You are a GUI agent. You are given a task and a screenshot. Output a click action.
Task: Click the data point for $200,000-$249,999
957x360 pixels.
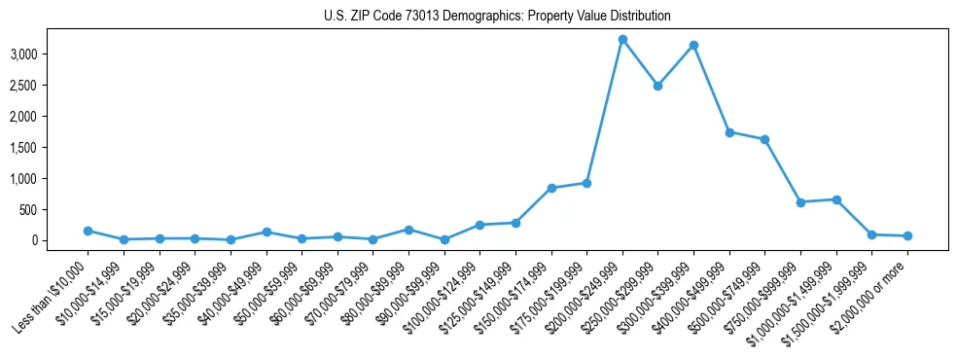tap(622, 39)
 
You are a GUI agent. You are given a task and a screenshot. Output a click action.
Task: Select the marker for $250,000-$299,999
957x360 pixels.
tap(658, 86)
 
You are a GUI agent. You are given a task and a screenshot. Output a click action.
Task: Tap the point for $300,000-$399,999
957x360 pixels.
tap(693, 45)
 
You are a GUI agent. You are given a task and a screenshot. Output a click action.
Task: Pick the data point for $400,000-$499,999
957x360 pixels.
tap(729, 132)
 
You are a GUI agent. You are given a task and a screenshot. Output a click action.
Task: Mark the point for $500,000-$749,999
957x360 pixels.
tap(765, 139)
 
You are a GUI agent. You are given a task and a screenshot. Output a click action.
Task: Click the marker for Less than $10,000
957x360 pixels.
tap(88, 231)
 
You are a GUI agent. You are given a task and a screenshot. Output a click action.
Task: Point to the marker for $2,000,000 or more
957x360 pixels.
tap(907, 235)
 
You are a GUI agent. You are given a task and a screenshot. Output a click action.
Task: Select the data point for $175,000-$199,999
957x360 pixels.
tap(586, 183)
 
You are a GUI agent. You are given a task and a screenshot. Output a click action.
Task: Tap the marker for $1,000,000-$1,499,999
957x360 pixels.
tap(836, 199)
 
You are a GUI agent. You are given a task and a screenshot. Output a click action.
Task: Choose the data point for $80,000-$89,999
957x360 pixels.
tap(408, 230)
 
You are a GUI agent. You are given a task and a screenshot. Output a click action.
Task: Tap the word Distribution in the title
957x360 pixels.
tap(639, 17)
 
